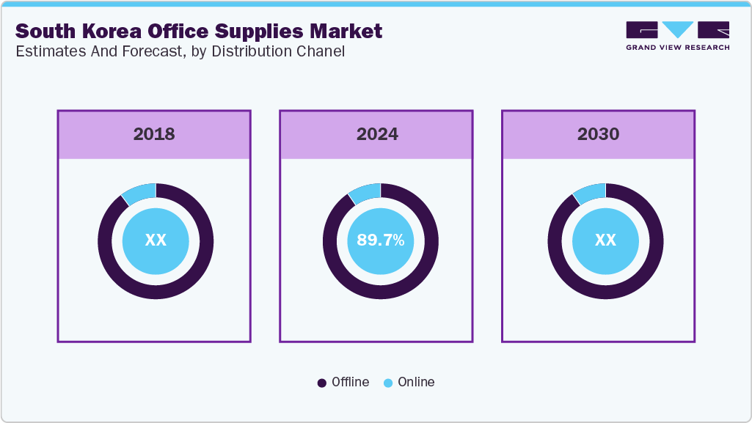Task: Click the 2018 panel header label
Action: (154, 134)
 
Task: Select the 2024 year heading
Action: (377, 134)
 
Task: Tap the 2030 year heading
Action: (598, 134)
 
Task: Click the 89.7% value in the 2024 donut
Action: (380, 240)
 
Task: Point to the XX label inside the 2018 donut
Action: (156, 240)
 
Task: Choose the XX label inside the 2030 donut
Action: (605, 240)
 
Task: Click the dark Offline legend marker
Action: (321, 383)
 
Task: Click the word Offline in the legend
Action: (350, 382)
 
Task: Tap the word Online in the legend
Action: (416, 382)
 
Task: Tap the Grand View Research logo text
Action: (678, 48)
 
